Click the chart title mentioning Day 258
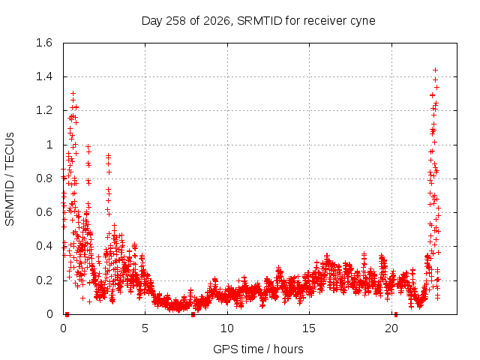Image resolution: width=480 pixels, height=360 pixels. pyautogui.click(x=258, y=21)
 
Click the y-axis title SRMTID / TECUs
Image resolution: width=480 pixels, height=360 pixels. pyautogui.click(x=10, y=179)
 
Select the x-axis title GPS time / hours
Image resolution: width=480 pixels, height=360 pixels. pyautogui.click(x=258, y=349)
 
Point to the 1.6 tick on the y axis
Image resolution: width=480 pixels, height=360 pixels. pyautogui.click(x=44, y=43)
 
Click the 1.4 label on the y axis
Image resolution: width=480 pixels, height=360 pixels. pyautogui.click(x=44, y=76)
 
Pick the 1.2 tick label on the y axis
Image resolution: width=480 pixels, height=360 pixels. pyautogui.click(x=44, y=110)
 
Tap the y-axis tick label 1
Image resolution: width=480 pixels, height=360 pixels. pyautogui.click(x=49, y=145)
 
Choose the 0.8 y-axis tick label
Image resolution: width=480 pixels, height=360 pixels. pyautogui.click(x=44, y=178)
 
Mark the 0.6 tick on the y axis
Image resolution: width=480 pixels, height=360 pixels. pyautogui.click(x=44, y=212)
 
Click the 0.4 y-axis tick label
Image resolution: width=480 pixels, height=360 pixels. pyautogui.click(x=44, y=246)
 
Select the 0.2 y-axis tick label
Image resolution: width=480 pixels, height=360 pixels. pyautogui.click(x=44, y=280)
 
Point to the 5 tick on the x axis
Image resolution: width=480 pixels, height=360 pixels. pyautogui.click(x=145, y=328)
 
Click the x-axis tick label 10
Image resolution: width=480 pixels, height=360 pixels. pyautogui.click(x=227, y=328)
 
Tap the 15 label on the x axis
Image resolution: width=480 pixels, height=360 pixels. pyautogui.click(x=309, y=328)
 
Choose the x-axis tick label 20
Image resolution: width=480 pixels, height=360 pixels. pyautogui.click(x=391, y=328)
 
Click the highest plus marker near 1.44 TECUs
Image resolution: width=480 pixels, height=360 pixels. pyautogui.click(x=435, y=70)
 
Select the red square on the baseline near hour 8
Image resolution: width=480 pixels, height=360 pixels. pyautogui.click(x=193, y=314)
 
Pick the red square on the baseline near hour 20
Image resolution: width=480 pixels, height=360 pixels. pyautogui.click(x=396, y=314)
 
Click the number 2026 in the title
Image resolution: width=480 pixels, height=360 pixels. pyautogui.click(x=217, y=21)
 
